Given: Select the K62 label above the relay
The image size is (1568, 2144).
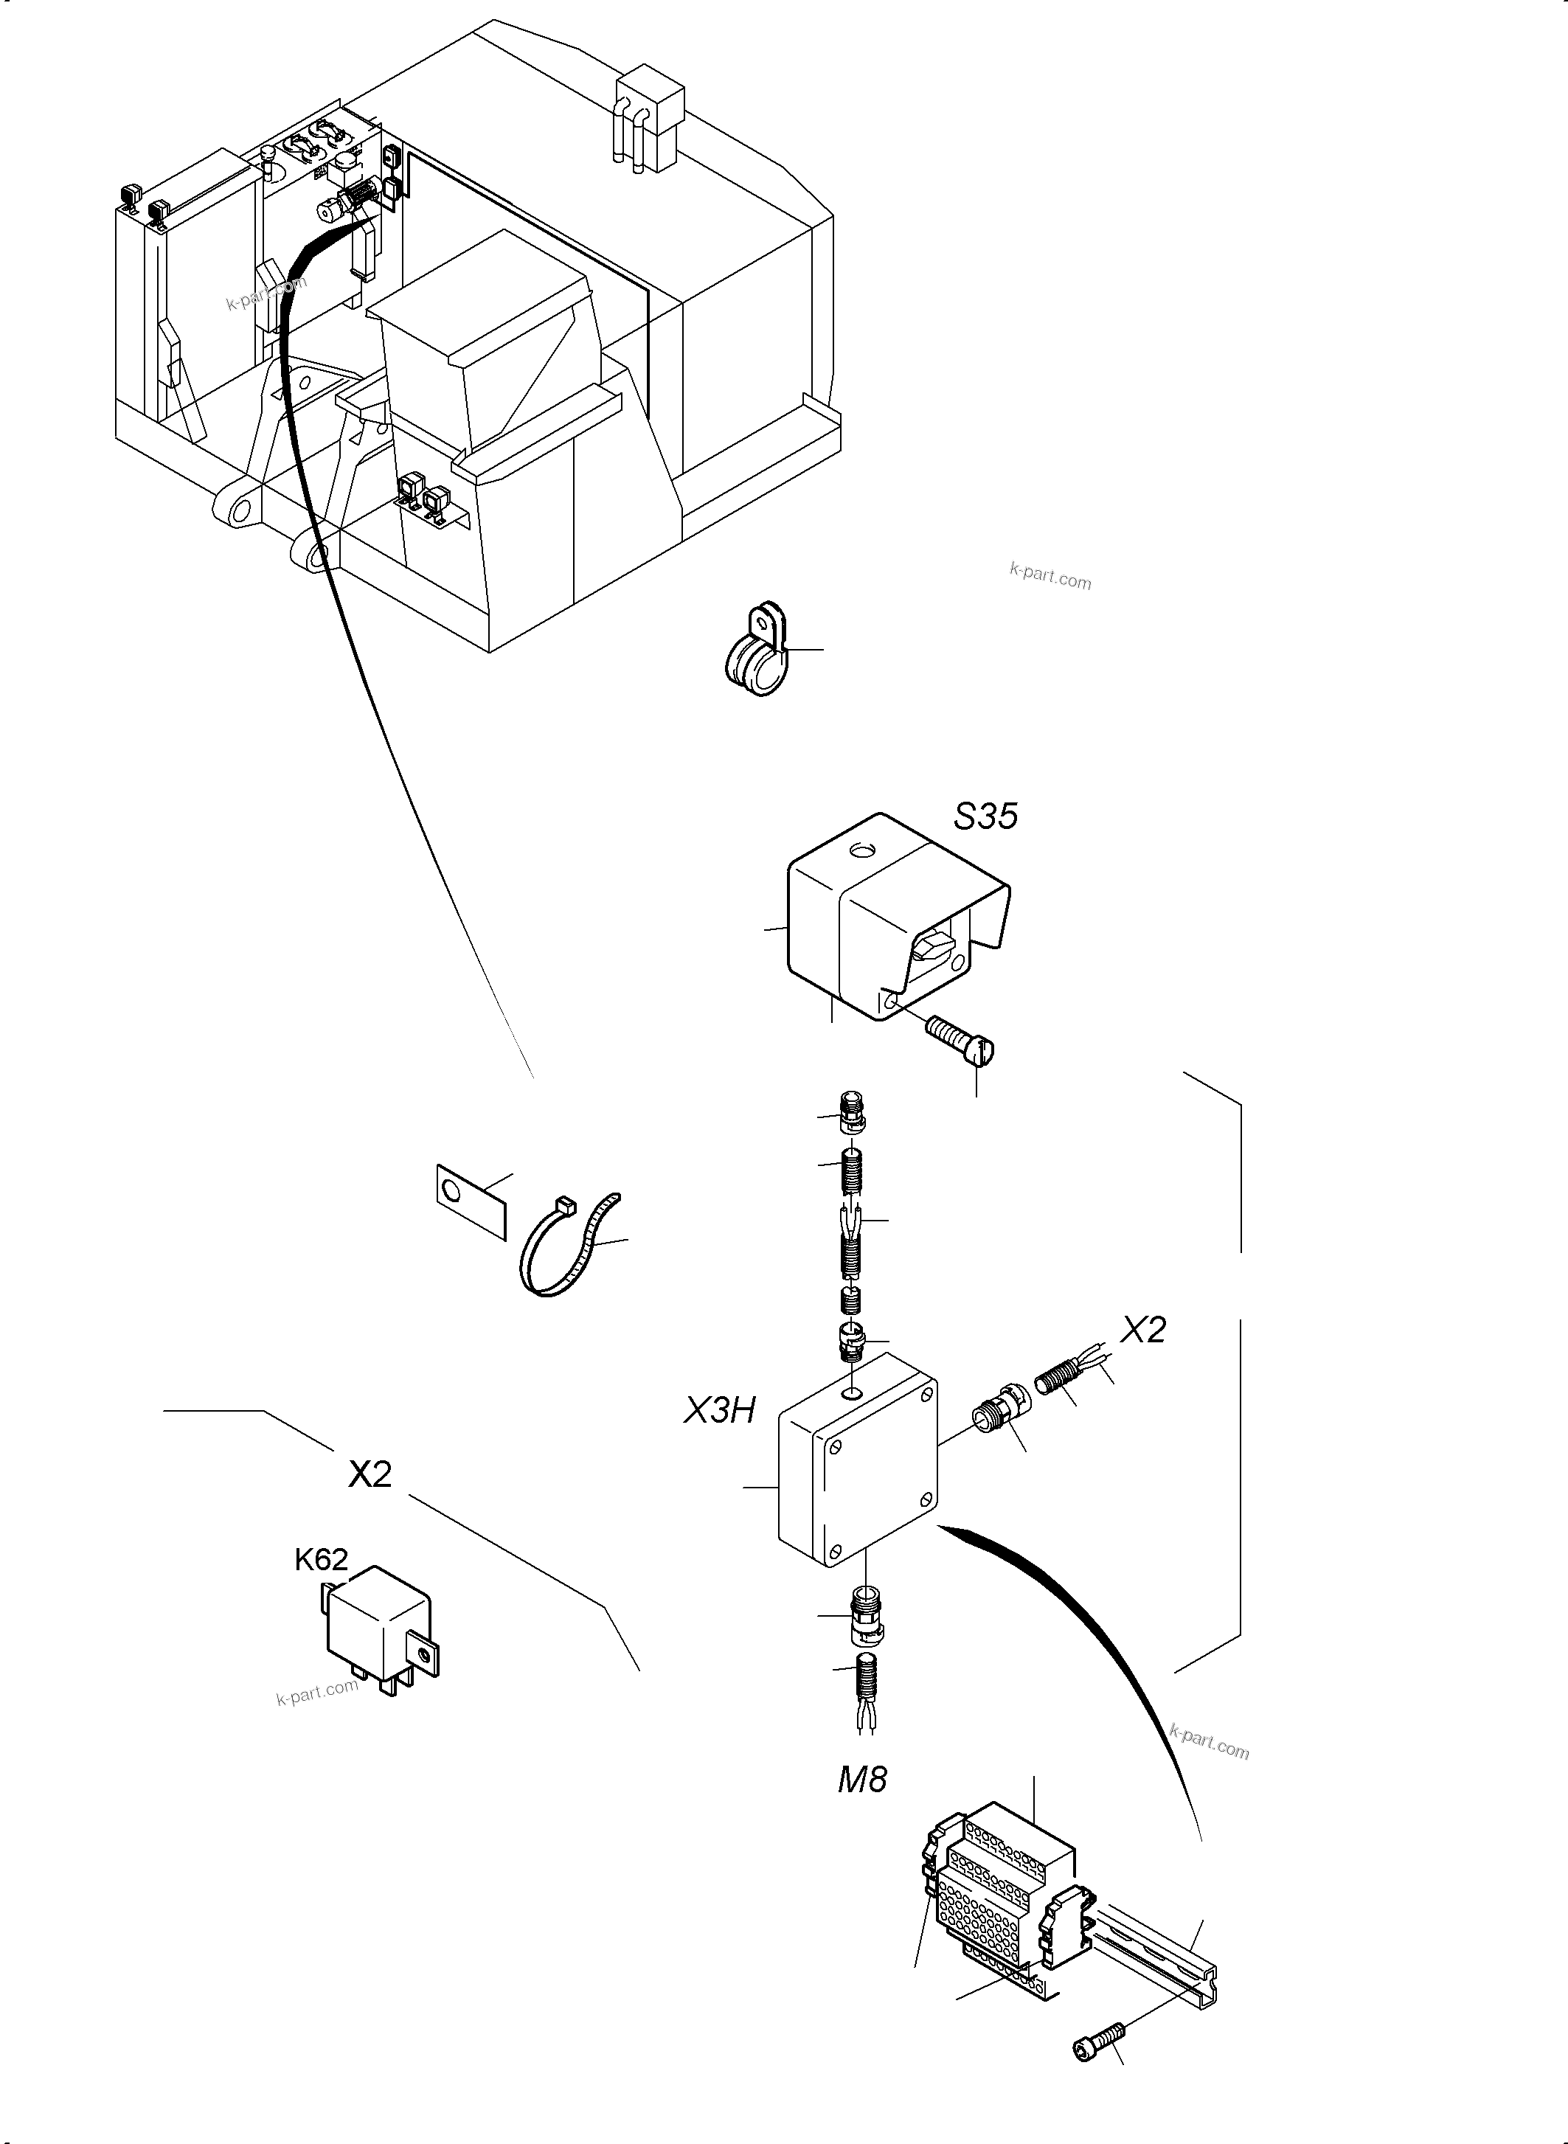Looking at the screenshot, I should [x=321, y=1559].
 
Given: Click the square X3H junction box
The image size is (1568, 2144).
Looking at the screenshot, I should [x=856, y=1488].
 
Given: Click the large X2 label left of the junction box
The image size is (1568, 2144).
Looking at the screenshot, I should [x=370, y=1474].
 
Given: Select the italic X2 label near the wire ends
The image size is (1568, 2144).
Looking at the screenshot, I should [x=1142, y=1330].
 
